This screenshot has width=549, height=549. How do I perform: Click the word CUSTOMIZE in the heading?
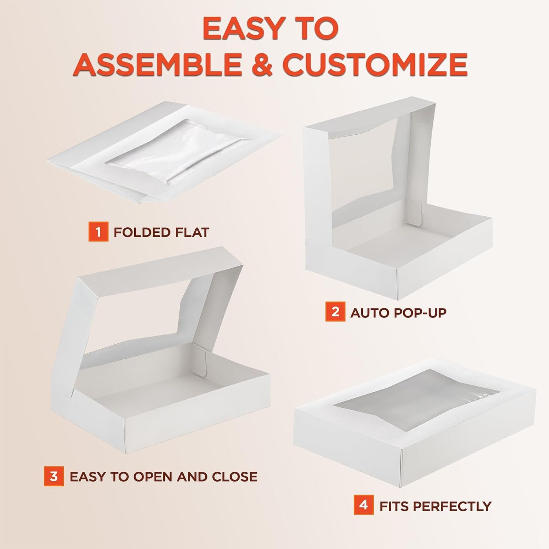click(x=375, y=64)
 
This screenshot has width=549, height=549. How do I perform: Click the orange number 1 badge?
click(x=98, y=232)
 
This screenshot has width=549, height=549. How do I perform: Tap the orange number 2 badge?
click(x=335, y=312)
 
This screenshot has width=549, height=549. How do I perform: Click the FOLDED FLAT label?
click(x=161, y=232)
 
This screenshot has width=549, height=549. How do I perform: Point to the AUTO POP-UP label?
click(x=399, y=313)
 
